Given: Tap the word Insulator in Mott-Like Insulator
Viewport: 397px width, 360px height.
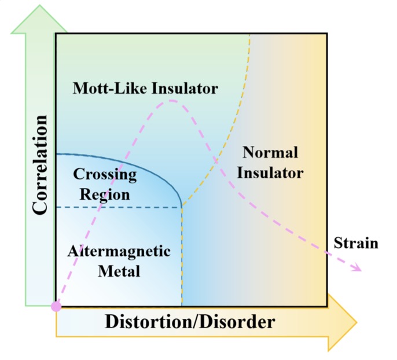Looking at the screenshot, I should (186, 89).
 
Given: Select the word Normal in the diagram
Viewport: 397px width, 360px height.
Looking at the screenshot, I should (270, 153).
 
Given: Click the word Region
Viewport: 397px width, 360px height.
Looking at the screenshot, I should (105, 194).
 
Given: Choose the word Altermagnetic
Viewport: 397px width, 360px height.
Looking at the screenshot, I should (119, 251).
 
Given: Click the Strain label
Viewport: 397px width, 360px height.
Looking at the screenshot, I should (356, 243).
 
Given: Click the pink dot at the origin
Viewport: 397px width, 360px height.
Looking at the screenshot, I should (56, 306).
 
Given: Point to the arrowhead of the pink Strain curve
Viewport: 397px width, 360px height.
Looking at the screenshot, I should (361, 269).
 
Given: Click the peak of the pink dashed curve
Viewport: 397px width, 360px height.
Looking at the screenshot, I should (171, 100).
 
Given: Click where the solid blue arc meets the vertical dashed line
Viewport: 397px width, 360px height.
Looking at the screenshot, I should (182, 205).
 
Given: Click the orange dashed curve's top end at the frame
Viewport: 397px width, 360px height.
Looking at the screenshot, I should (249, 34).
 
